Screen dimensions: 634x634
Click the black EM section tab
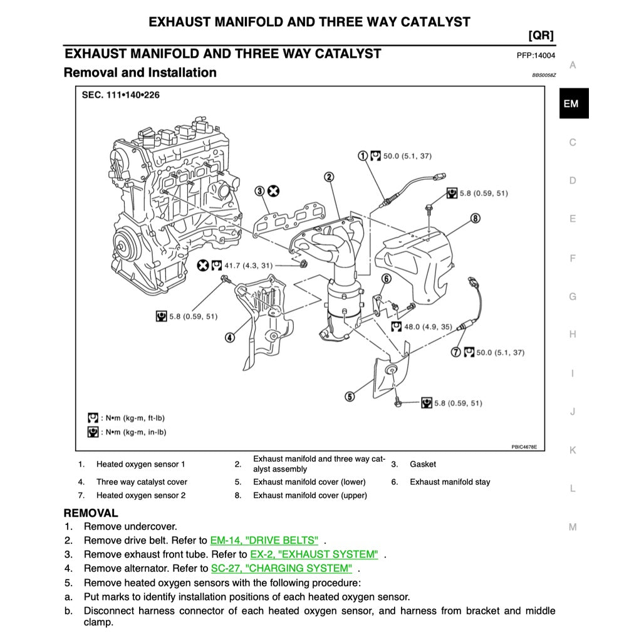pyautogui.click(x=573, y=104)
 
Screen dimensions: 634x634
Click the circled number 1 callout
pyautogui.click(x=363, y=155)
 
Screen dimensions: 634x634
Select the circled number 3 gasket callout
pyautogui.click(x=259, y=191)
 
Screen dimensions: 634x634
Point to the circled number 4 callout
pyautogui.click(x=230, y=338)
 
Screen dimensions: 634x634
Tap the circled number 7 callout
pyautogui.click(x=476, y=218)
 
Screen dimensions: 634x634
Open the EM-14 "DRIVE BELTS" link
pyautogui.click(x=264, y=540)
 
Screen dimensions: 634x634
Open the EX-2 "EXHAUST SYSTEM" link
pyautogui.click(x=314, y=554)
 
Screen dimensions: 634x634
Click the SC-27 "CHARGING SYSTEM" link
pyautogui.click(x=281, y=568)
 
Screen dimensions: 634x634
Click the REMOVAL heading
pyautogui.click(x=90, y=513)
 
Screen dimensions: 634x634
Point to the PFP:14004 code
pyautogui.click(x=536, y=55)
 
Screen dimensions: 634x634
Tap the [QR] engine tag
pyautogui.click(x=541, y=35)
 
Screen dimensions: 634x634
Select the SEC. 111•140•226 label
pyautogui.click(x=121, y=96)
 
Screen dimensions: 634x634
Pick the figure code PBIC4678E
pyautogui.click(x=524, y=447)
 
